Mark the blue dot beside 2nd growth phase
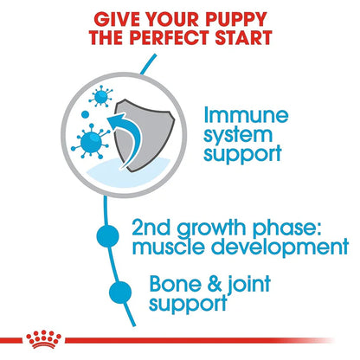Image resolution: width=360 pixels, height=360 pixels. (x=108, y=237)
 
